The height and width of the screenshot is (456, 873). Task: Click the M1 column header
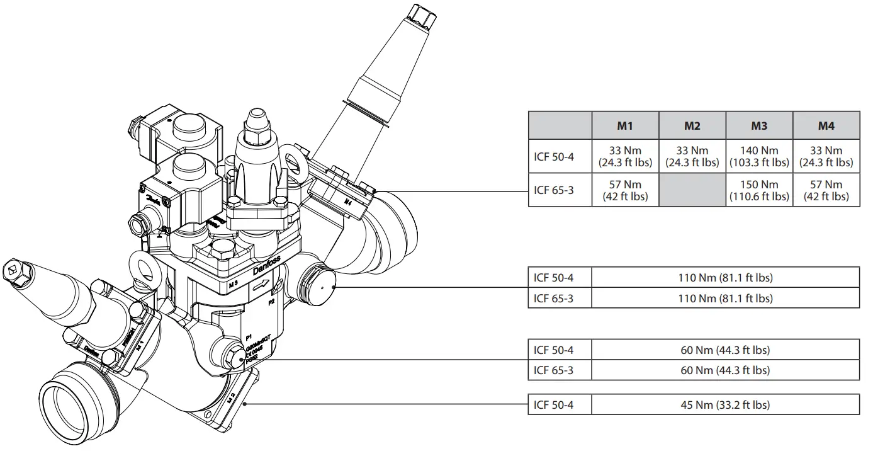(x=624, y=126)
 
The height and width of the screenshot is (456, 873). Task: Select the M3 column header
(x=759, y=126)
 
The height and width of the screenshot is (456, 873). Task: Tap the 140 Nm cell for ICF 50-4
(x=759, y=156)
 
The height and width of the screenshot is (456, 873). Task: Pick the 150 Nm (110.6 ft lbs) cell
(x=759, y=190)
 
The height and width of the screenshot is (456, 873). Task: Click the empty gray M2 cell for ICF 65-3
(x=692, y=190)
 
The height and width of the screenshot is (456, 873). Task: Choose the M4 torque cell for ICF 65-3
(x=826, y=190)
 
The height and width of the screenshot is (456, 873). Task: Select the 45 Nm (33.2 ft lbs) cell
(x=725, y=405)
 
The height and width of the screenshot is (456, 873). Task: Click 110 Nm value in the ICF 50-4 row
(x=725, y=278)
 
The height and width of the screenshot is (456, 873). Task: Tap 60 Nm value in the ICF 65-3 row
(x=725, y=370)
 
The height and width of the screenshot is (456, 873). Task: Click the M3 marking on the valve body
(x=232, y=284)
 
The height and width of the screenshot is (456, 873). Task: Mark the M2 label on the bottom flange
(x=231, y=397)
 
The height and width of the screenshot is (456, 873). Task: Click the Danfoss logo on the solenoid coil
(x=153, y=197)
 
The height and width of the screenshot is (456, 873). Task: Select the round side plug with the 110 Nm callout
(x=322, y=284)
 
